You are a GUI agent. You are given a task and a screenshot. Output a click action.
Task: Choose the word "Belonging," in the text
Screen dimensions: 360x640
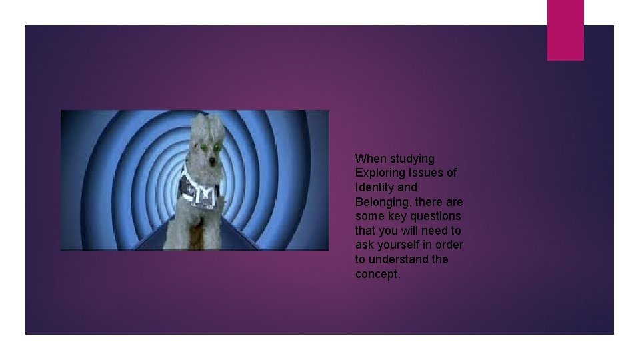coord(383,202)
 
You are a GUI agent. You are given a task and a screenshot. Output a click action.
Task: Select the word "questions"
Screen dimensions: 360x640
coord(437,216)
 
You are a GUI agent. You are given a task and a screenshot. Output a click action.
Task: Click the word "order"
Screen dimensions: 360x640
coord(449,245)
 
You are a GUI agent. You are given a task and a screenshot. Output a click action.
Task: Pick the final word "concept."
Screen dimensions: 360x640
coord(378,274)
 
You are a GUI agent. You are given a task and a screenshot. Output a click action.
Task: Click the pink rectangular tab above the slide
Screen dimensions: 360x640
coord(565,29)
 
